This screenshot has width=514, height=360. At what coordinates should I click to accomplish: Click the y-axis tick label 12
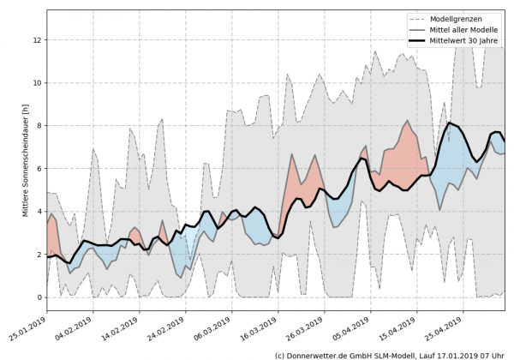click(x=37, y=40)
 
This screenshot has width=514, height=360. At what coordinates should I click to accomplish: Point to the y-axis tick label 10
click(x=37, y=83)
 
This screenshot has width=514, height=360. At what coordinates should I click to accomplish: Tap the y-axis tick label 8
click(x=39, y=126)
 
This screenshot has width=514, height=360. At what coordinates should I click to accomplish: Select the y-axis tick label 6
click(x=39, y=169)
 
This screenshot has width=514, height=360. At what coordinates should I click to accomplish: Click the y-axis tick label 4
click(x=39, y=212)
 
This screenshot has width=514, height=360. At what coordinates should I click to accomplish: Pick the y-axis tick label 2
click(x=39, y=255)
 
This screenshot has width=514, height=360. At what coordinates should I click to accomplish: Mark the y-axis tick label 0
click(x=39, y=297)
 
